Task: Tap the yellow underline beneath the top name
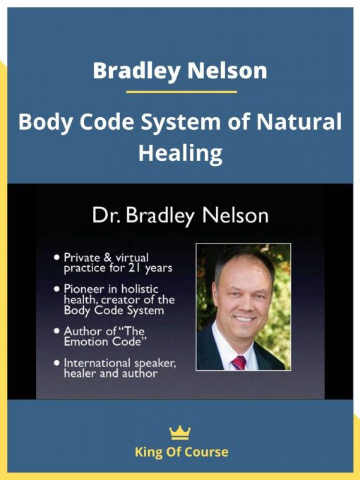tap(181, 92)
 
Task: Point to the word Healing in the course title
tap(181, 152)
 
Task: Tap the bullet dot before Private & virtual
tap(56, 258)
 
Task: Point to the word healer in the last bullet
tap(80, 373)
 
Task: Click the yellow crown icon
tap(181, 433)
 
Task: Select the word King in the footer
tap(146, 452)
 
